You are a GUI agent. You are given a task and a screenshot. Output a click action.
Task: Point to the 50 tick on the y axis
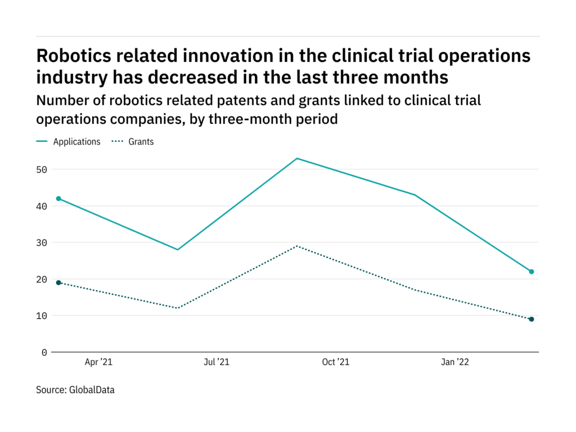pyautogui.click(x=42, y=169)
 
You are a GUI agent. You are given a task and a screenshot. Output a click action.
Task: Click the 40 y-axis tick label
pyautogui.click(x=42, y=206)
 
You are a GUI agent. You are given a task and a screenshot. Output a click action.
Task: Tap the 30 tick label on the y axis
pyautogui.click(x=42, y=242)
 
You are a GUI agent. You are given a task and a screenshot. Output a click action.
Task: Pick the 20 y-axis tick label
pyautogui.click(x=42, y=279)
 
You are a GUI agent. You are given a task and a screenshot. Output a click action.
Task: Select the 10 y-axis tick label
pyautogui.click(x=42, y=316)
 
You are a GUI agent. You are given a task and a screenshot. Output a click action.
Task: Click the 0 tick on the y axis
pyautogui.click(x=44, y=352)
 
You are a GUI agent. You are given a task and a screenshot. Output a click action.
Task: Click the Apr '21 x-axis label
pyautogui.click(x=98, y=362)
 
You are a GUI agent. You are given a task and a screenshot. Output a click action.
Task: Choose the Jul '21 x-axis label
pyautogui.click(x=217, y=362)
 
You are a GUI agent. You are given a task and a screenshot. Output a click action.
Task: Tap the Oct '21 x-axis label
pyautogui.click(x=335, y=362)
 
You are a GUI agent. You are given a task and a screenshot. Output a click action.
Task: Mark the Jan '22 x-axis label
pyautogui.click(x=454, y=362)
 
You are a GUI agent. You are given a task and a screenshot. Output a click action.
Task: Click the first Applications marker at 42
pyautogui.click(x=58, y=199)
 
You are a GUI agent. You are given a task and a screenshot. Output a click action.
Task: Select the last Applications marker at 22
pyautogui.click(x=531, y=272)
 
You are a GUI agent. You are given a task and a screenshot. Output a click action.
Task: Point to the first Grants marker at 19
pyautogui.click(x=58, y=282)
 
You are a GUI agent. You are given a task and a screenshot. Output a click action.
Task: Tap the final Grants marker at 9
pyautogui.click(x=531, y=319)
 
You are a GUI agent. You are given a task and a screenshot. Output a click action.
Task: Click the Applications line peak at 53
pyautogui.click(x=296, y=159)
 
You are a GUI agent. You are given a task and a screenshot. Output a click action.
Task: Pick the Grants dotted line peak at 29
pyautogui.click(x=296, y=246)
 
